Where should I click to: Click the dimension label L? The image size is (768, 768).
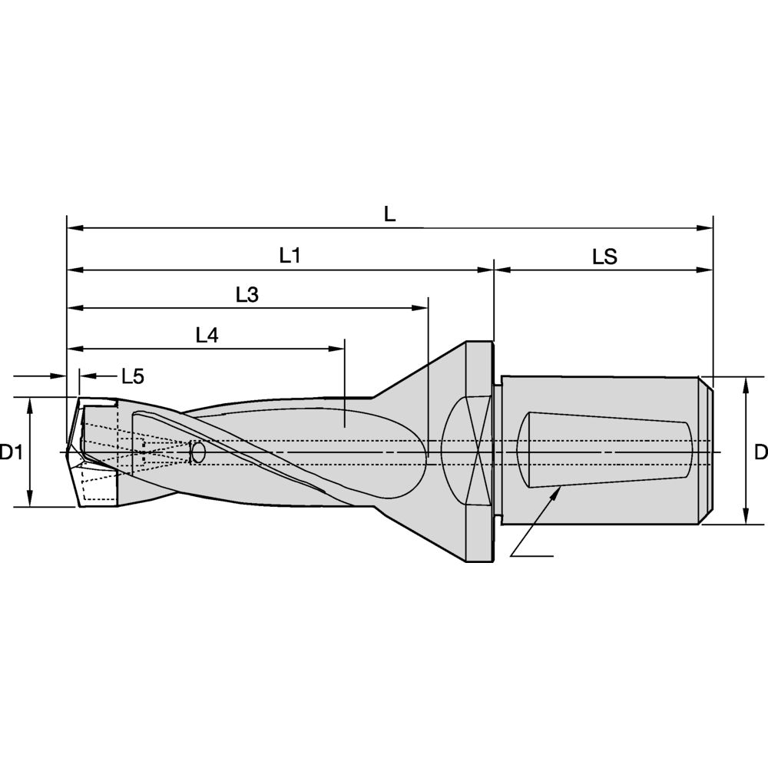click(x=389, y=214)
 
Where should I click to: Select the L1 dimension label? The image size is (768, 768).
click(x=290, y=255)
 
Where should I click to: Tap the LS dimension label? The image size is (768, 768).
click(x=605, y=257)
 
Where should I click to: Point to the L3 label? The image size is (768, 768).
click(x=247, y=295)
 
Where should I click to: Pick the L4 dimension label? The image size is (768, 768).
click(x=207, y=336)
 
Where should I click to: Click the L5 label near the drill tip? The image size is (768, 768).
click(x=133, y=376)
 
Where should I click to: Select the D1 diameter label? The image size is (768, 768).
click(x=11, y=452)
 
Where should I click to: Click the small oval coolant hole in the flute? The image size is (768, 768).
click(x=198, y=452)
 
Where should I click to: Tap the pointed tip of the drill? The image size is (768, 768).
click(x=67, y=452)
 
